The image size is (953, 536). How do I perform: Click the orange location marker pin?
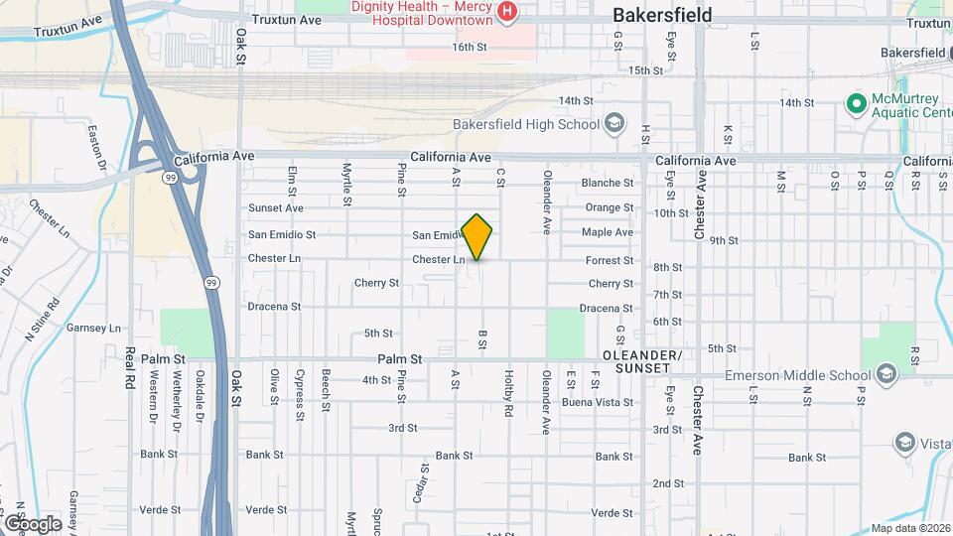click(477, 236)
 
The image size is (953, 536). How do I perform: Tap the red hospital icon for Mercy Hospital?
click(507, 11)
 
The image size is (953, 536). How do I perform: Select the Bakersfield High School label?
click(526, 125)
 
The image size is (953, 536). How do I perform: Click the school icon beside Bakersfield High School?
click(614, 124)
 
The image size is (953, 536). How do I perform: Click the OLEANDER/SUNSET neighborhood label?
click(641, 362)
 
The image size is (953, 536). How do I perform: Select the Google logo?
click(32, 523)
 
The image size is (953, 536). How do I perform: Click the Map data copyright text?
click(910, 528)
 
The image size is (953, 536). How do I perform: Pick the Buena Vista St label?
click(598, 402)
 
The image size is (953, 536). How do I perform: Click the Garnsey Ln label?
click(92, 328)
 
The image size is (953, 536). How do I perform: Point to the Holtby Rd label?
click(507, 394)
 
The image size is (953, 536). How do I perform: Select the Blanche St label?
click(607, 183)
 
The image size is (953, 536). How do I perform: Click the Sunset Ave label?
click(275, 208)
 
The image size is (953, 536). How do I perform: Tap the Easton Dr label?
click(97, 144)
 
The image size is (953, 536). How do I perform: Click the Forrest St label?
click(610, 261)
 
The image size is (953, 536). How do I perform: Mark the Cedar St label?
click(424, 480)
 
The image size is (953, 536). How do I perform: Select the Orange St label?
click(609, 207)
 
